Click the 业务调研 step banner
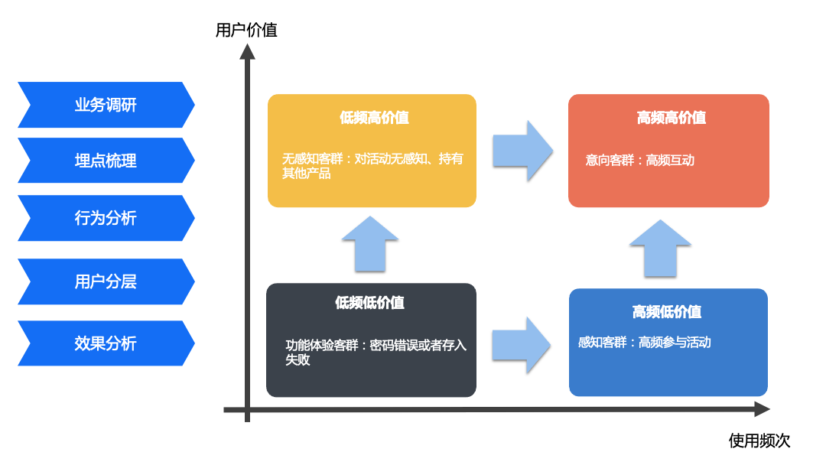click(106, 105)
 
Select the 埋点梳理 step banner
click(106, 161)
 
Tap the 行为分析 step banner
click(106, 218)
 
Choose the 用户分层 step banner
click(106, 281)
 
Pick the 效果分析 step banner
click(106, 343)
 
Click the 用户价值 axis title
click(246, 31)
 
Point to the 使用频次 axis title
click(759, 441)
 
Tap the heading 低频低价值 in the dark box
click(369, 303)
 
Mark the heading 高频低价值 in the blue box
click(666, 312)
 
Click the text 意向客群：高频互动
click(639, 161)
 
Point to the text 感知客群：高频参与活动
click(644, 343)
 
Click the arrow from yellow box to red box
click(522, 151)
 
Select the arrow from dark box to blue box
click(522, 345)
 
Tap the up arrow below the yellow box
click(370, 244)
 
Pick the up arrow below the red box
click(660, 248)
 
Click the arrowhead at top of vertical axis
click(247, 51)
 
